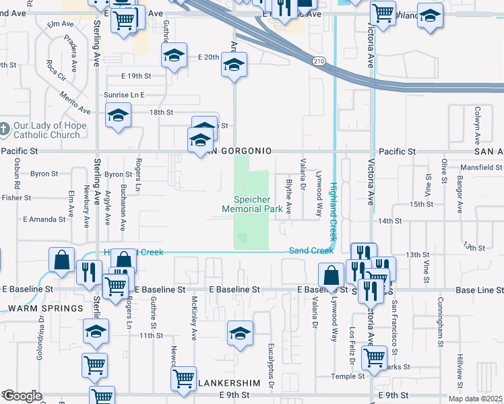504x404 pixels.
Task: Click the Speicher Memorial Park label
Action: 252,204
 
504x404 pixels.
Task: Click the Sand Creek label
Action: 311,250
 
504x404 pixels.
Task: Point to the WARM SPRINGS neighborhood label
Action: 45,308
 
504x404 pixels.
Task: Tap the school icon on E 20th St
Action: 174,55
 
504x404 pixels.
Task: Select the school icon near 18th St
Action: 118,116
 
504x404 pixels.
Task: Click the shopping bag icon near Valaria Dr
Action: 331,275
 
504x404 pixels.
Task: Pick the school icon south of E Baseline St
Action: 240,334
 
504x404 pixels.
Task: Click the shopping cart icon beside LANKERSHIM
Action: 183,378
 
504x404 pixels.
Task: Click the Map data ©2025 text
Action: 476,399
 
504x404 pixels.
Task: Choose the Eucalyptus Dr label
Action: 271,366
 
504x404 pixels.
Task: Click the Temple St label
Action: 348,376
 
